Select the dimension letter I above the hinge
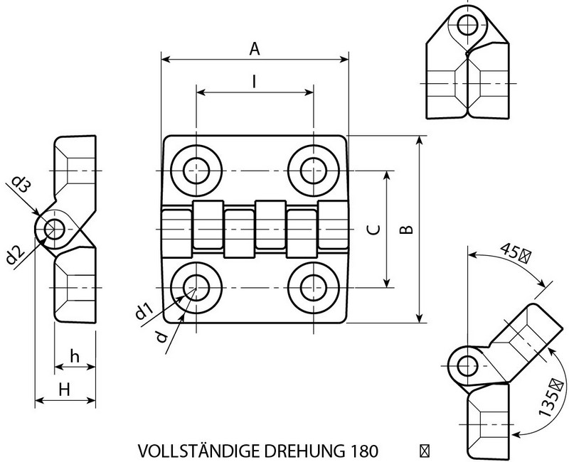tap(255, 82)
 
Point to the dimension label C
tap(376, 229)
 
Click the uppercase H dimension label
tap(63, 390)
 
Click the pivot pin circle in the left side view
tap(53, 229)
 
